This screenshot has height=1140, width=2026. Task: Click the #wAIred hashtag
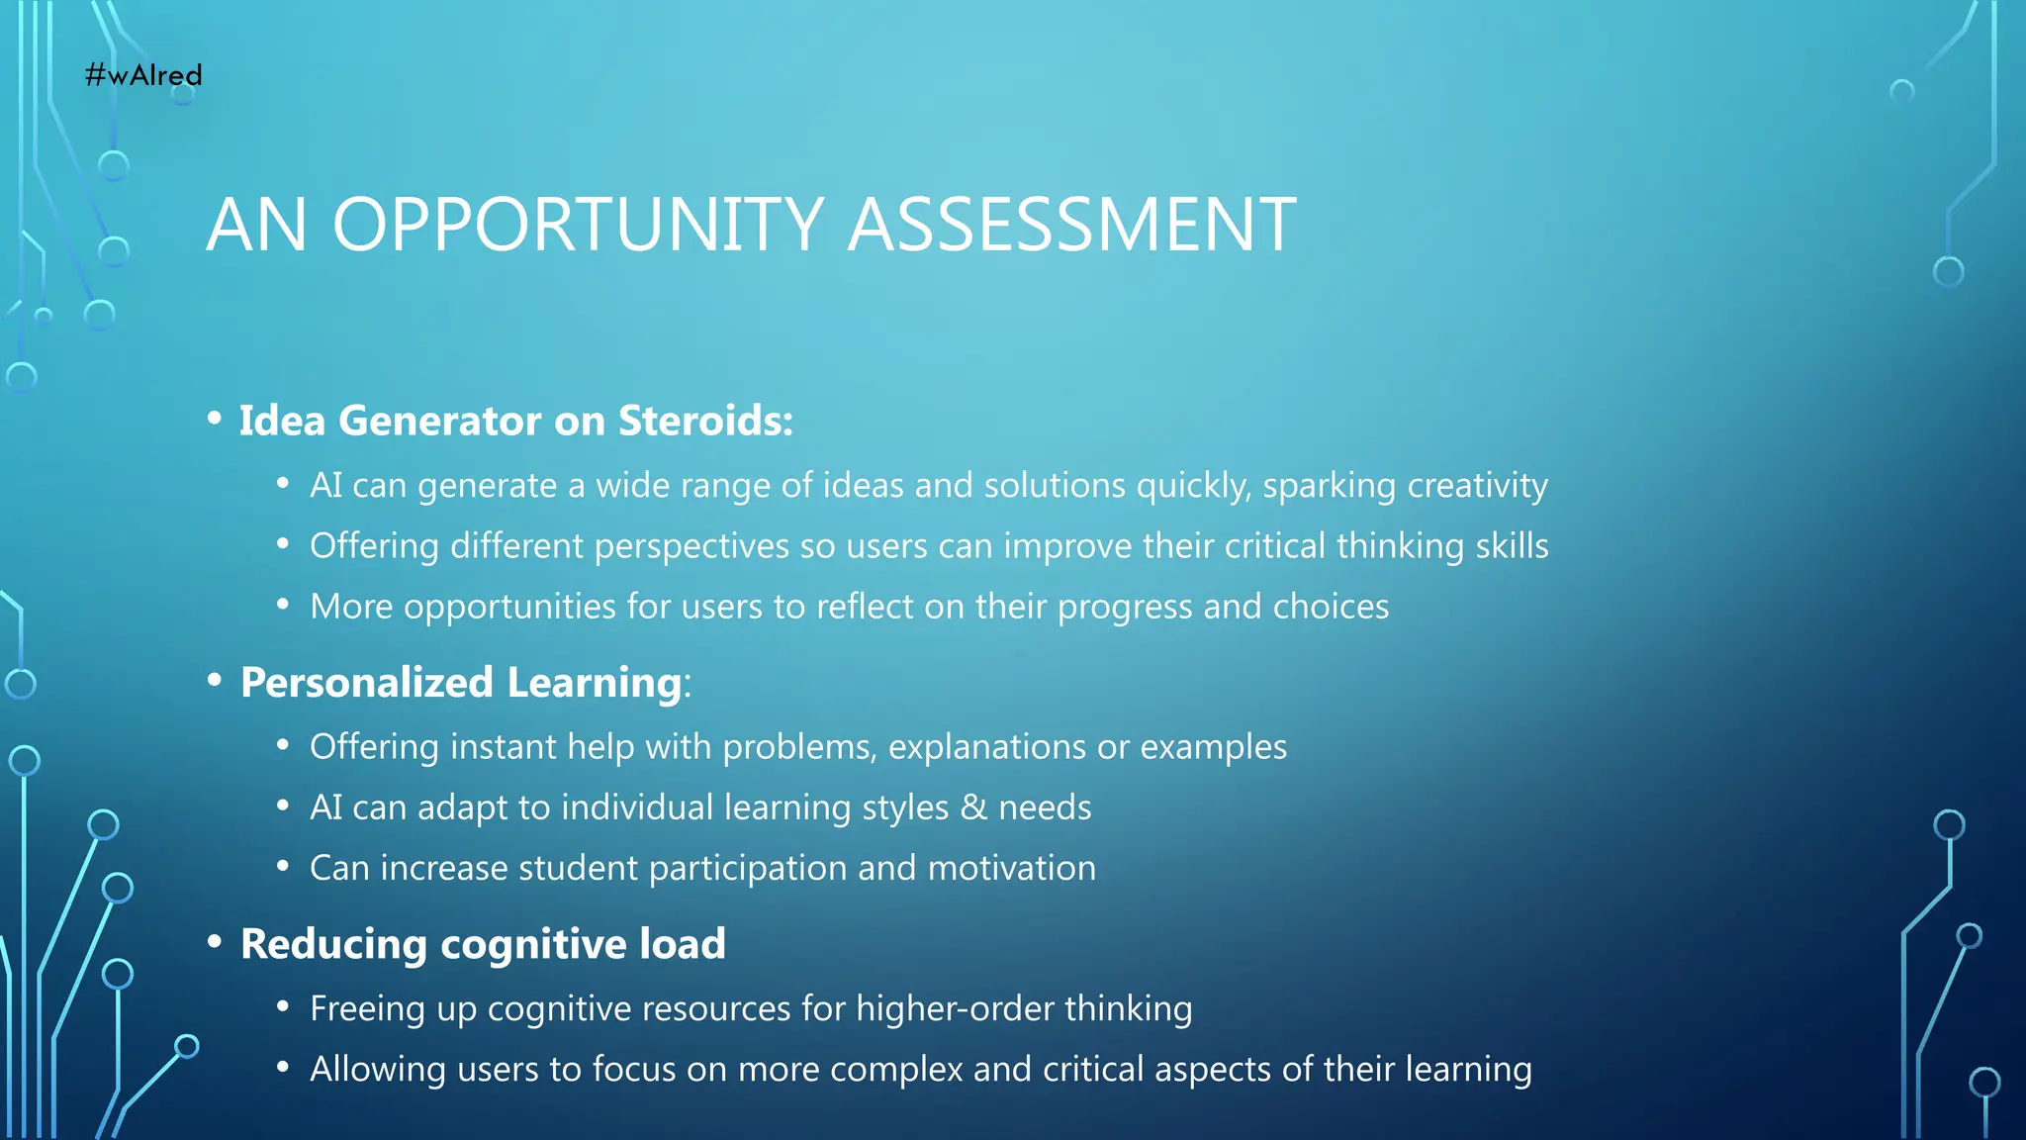tap(143, 75)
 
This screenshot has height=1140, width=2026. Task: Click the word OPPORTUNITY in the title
tap(579, 225)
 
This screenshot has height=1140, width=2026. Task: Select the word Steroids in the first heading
tap(705, 421)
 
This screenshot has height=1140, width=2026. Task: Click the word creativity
tap(1477, 486)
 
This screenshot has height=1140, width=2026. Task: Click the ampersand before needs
tap(973, 807)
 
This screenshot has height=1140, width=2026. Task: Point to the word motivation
tap(1012, 868)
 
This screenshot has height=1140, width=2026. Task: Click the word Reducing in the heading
tap(334, 944)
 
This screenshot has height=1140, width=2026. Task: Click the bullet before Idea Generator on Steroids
tap(215, 419)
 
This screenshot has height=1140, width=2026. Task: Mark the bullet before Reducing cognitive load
tap(215, 942)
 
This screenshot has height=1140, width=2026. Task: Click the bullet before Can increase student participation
tap(283, 867)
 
